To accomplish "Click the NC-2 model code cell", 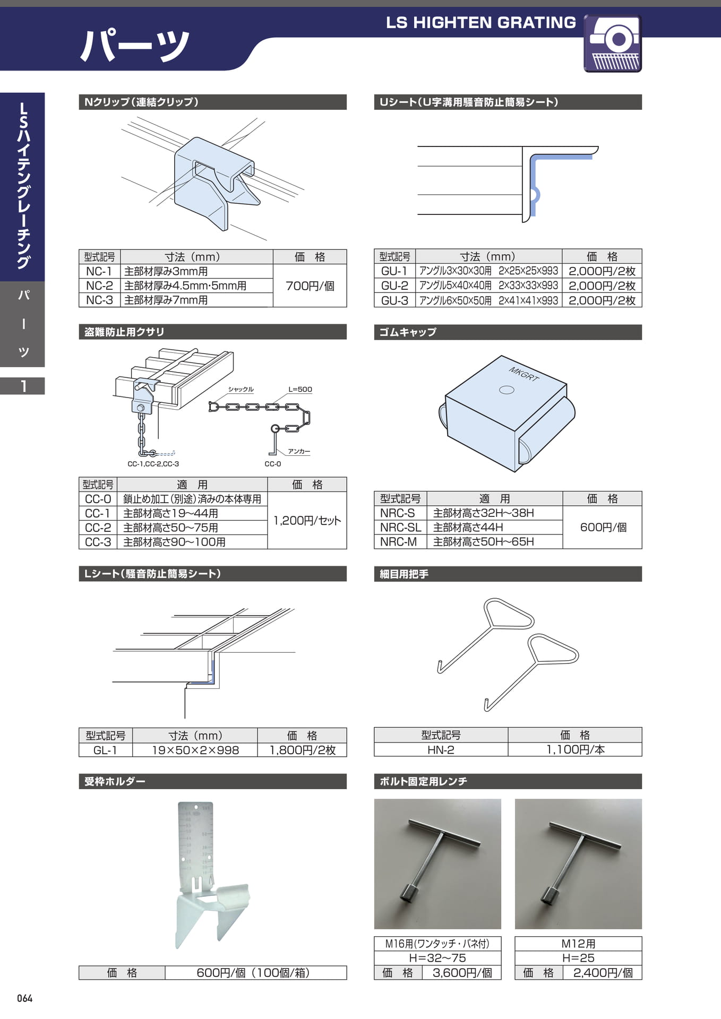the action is pos(99,286).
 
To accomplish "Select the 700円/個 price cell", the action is pos(310,286).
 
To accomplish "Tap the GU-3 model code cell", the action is pos(394,300).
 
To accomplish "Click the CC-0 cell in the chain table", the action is pos(98,499).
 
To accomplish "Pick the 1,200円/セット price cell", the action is pos(307,520).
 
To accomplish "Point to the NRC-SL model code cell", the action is pos(400,527).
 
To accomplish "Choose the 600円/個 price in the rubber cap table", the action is pos(603,527).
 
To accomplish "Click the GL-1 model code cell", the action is pos(105,750).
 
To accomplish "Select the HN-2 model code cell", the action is pos(441,749).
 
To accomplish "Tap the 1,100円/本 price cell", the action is pos(575,749).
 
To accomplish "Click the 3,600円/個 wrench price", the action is pos(462,972).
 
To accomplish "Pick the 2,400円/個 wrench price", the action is pos(603,972).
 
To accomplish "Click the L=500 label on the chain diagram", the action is pos(300,389).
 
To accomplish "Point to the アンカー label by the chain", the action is pos(299,451).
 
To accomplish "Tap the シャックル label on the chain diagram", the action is pos(241,389).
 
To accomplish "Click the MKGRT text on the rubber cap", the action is pos(524,374).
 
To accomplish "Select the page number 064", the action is pos(24,998).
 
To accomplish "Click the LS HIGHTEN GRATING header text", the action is pos(481,22).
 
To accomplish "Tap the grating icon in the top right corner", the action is pos(613,44).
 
